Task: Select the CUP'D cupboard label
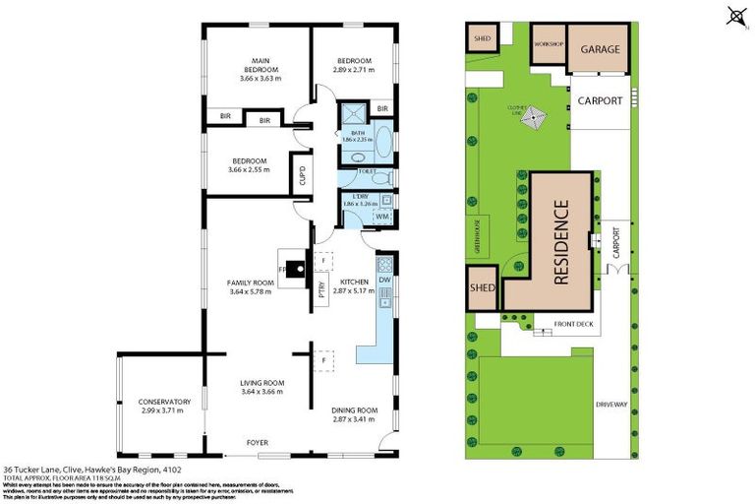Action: click(302, 177)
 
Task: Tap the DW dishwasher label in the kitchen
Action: click(384, 279)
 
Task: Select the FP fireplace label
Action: click(282, 267)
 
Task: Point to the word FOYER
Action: click(257, 443)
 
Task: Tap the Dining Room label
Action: click(354, 409)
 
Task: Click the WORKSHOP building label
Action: click(547, 45)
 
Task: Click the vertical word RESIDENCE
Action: click(561, 243)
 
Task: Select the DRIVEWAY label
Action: click(610, 405)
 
